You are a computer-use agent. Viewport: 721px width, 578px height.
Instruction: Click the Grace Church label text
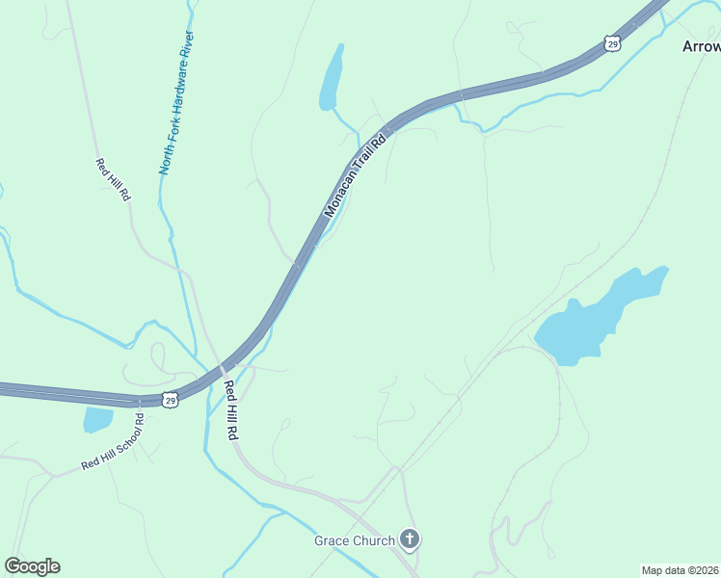pyautogui.click(x=354, y=540)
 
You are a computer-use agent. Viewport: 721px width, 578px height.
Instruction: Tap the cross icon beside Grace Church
pyautogui.click(x=411, y=539)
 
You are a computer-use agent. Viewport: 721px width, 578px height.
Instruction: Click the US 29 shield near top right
pyautogui.click(x=613, y=42)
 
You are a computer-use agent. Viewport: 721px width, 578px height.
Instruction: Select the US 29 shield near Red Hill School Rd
pyautogui.click(x=170, y=399)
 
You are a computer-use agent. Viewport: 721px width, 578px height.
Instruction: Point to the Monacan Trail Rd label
pyautogui.click(x=354, y=176)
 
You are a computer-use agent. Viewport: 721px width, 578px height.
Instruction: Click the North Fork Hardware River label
pyautogui.click(x=177, y=103)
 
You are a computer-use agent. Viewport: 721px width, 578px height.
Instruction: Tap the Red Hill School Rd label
pyautogui.click(x=113, y=442)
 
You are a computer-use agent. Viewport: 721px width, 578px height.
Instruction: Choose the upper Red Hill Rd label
pyautogui.click(x=113, y=179)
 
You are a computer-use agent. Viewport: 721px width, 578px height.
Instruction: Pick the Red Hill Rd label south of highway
pyautogui.click(x=230, y=410)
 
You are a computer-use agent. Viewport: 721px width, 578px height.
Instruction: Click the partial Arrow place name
pyautogui.click(x=701, y=46)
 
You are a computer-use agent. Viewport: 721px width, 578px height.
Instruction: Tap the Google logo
pyautogui.click(x=33, y=566)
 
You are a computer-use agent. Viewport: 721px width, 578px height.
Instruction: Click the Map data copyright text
pyautogui.click(x=681, y=569)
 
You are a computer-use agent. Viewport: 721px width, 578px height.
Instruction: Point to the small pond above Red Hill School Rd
pyautogui.click(x=97, y=420)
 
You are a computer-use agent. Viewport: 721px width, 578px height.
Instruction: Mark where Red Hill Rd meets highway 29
pyautogui.click(x=221, y=369)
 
